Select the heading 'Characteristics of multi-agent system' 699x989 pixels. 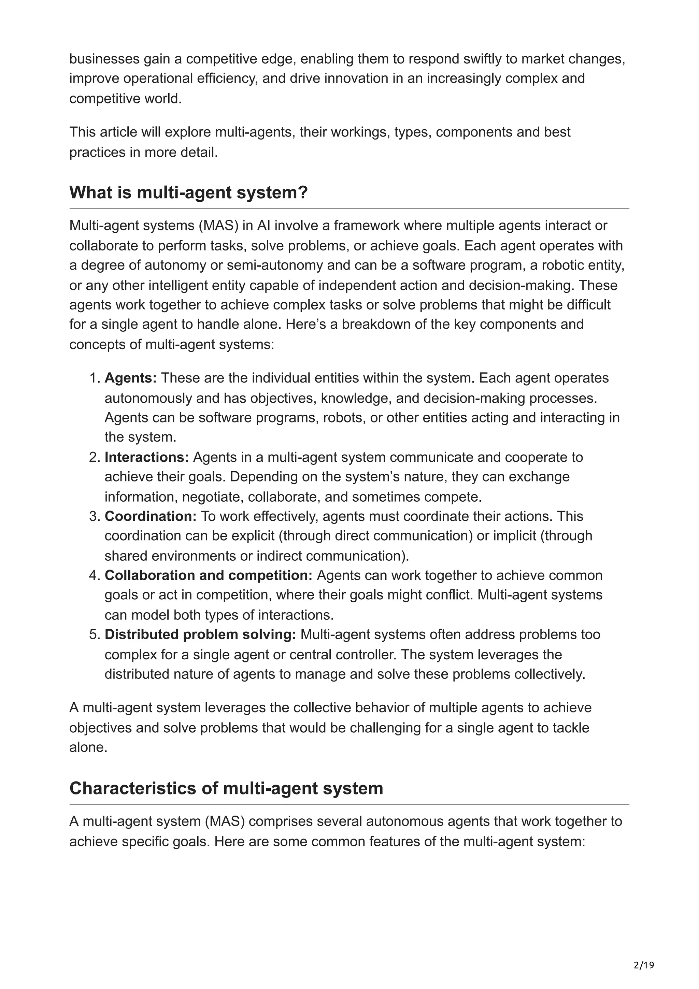point(226,788)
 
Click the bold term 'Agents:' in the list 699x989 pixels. point(130,378)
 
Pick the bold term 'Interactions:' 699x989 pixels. point(146,457)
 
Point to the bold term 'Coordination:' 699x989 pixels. point(150,516)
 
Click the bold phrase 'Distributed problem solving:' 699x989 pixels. point(200,634)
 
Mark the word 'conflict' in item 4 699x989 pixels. point(450,595)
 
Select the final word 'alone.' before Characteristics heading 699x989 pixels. point(88,747)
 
